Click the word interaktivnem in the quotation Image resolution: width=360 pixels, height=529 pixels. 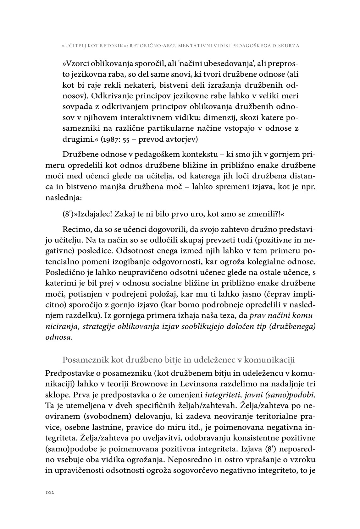[x=141, y=117]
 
